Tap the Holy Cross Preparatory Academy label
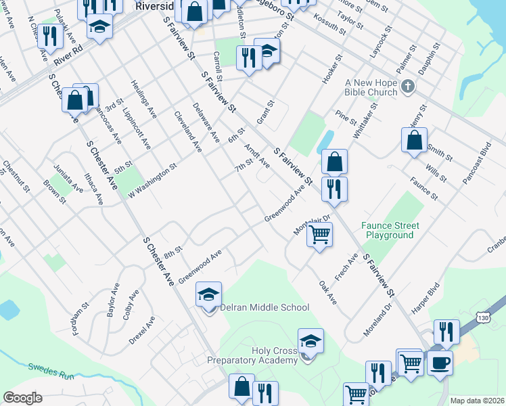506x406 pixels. tap(252, 355)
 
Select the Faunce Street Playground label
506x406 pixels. tap(390, 230)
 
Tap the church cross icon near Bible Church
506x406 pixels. tap(407, 86)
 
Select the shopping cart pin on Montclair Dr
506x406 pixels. tap(319, 235)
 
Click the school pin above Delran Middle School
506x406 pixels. tap(210, 294)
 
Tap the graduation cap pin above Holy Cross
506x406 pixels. tap(310, 340)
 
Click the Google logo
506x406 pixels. tap(22, 398)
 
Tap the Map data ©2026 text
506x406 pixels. tap(476, 401)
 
